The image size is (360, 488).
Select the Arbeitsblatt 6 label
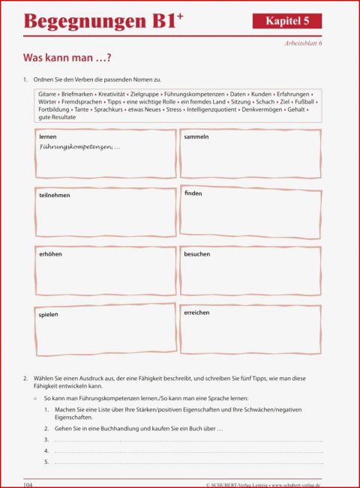304,43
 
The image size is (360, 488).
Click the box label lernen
48,138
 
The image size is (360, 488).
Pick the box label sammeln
196,137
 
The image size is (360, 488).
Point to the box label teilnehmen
55,195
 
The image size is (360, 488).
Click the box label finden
193,193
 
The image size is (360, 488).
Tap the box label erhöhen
50,254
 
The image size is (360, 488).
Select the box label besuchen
197,254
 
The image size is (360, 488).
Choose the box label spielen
49,314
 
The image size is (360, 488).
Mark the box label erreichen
196,313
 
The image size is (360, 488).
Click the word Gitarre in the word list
48,94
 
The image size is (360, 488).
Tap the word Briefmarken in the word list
79,94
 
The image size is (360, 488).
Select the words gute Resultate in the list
57,118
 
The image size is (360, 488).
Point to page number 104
29,485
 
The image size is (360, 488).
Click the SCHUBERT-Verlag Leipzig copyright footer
263,485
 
